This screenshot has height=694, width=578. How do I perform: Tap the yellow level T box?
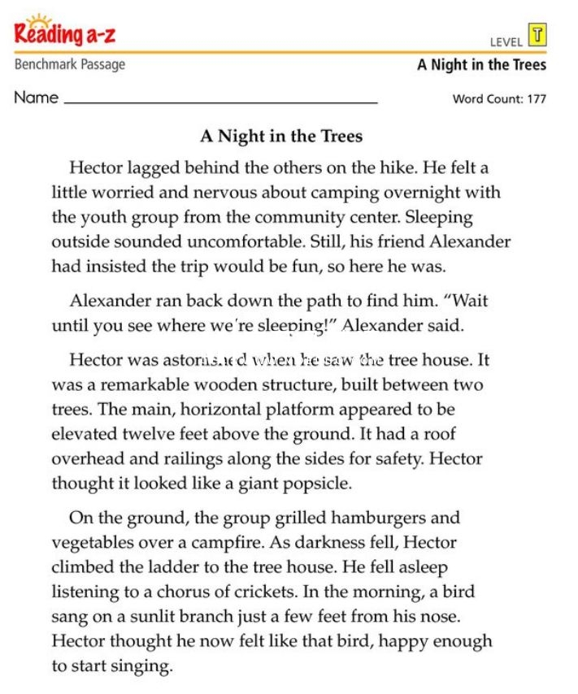point(537,35)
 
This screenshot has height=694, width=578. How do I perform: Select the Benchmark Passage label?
point(70,64)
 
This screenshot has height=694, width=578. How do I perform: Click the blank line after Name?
point(220,101)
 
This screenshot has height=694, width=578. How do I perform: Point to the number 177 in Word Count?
point(535,99)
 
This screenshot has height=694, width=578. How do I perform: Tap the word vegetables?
point(91,543)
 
